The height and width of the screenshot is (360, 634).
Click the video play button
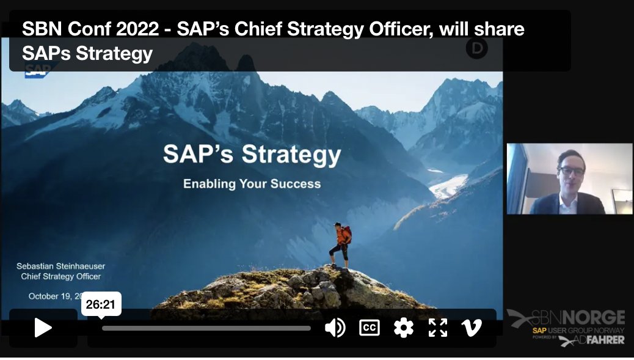click(43, 328)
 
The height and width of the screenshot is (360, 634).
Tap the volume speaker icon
click(335, 328)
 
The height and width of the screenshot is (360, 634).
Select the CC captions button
click(369, 328)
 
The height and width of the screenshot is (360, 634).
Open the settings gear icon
click(403, 328)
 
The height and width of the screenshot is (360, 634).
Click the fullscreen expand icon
click(437, 328)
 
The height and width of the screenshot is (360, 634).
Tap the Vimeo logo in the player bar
click(471, 328)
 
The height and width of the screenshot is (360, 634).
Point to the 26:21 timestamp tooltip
click(101, 304)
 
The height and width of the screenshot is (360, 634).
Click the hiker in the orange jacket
click(341, 244)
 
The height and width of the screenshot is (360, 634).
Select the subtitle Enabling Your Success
click(252, 183)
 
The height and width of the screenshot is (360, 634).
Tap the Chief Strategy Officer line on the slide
click(61, 276)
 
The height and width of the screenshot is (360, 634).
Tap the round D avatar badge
click(476, 48)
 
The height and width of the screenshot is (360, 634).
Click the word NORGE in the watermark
click(593, 318)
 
